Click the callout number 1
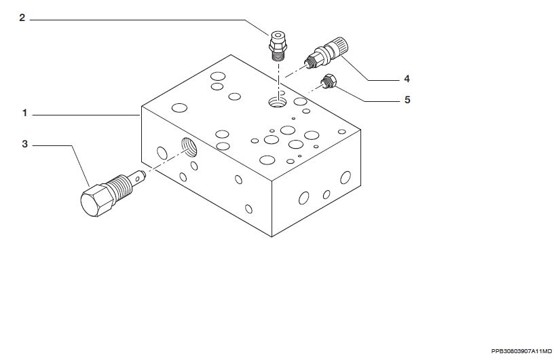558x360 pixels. [x=24, y=113]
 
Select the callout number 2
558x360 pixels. [x=22, y=18]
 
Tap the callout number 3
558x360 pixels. [x=24, y=144]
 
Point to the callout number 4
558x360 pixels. [x=407, y=79]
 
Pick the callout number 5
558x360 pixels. [x=407, y=100]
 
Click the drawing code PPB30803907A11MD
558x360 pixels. [x=521, y=351]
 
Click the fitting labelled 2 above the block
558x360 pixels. [x=278, y=46]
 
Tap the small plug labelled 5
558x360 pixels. [x=329, y=82]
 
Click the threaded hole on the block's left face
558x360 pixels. [x=189, y=147]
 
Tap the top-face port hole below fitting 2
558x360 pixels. [x=278, y=103]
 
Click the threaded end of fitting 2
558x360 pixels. [x=278, y=56]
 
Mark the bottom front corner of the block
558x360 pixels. [x=272, y=236]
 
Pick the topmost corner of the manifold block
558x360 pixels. [x=231, y=54]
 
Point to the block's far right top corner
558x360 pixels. [x=361, y=130]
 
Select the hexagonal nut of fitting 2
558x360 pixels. [x=278, y=46]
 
